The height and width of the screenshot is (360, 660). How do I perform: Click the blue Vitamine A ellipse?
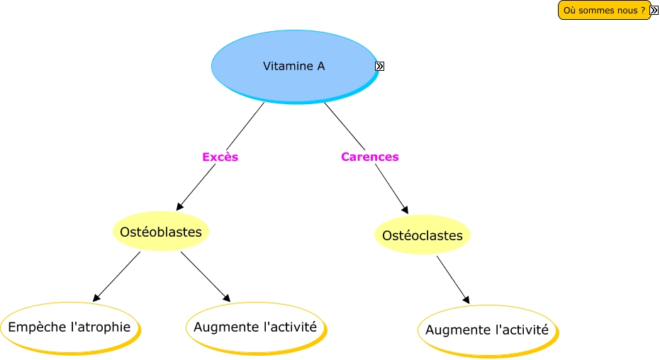click(293, 66)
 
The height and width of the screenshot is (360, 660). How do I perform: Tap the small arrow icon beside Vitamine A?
click(379, 67)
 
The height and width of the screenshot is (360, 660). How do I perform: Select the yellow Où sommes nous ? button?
click(603, 10)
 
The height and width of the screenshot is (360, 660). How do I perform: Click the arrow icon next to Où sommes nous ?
click(654, 10)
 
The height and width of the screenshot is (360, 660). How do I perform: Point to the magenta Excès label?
click(220, 157)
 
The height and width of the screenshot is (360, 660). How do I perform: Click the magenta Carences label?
click(369, 157)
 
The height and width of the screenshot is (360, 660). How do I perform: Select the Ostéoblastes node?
click(161, 232)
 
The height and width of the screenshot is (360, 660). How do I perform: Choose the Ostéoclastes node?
click(422, 235)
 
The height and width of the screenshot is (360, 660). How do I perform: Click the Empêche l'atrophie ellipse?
click(69, 327)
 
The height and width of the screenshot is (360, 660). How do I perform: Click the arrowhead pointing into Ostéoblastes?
click(179, 206)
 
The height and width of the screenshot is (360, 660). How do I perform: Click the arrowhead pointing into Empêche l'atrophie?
click(96, 298)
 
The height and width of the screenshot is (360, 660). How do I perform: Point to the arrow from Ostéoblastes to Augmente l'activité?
click(205, 276)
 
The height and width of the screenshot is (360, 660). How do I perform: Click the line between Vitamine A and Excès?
click(245, 126)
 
